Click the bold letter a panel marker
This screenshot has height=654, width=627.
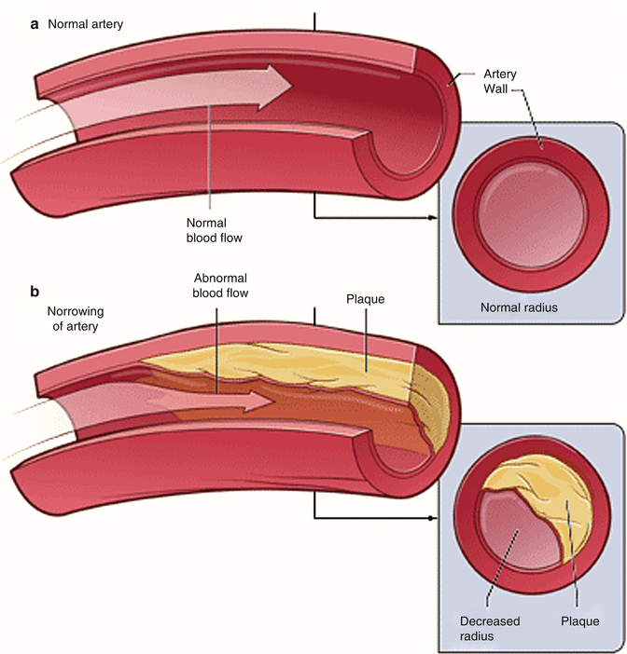click(35, 25)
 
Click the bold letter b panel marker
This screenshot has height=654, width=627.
click(35, 292)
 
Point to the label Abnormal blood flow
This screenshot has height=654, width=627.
click(223, 286)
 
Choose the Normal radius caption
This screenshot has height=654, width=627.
click(518, 307)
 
